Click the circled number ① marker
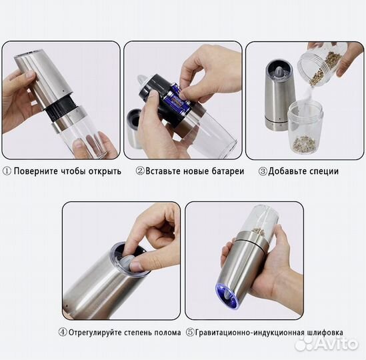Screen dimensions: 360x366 (7, 171)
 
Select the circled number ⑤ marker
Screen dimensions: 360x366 (189, 332)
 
